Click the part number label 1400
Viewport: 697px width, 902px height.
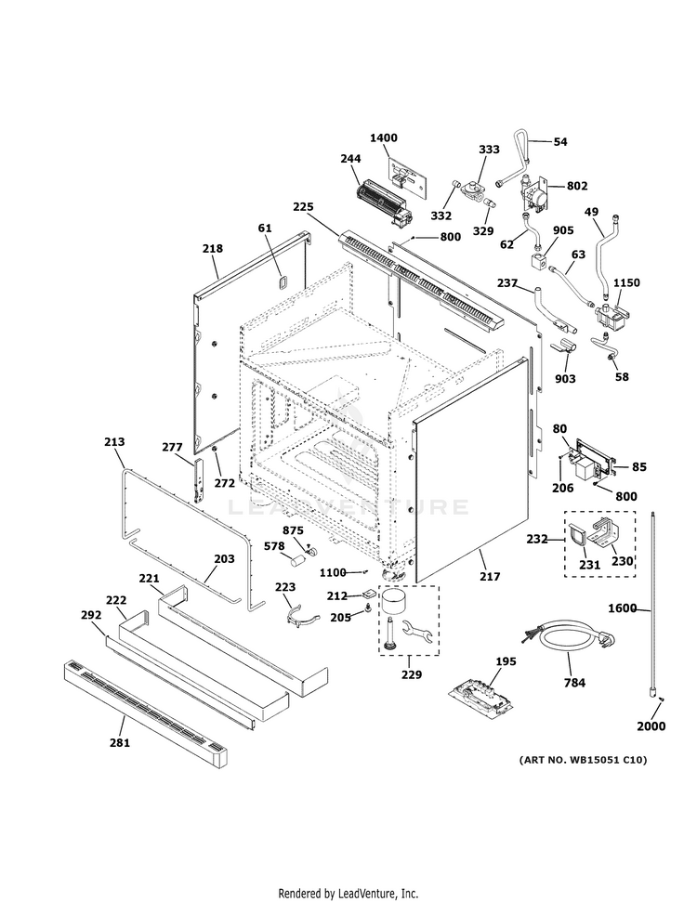tap(383, 137)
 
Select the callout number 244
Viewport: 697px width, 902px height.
tap(350, 159)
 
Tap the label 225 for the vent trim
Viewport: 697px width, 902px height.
tap(303, 206)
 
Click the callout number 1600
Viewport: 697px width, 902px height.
tap(622, 609)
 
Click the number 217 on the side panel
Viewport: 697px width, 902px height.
tap(489, 577)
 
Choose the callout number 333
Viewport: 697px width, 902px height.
tap(489, 150)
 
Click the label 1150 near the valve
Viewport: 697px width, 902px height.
tap(625, 282)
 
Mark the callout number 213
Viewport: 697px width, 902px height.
tap(114, 442)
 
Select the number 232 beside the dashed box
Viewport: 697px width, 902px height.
tap(537, 538)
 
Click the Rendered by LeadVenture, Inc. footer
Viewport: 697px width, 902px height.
tap(348, 893)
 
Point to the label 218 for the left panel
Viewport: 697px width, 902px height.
tap(213, 249)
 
